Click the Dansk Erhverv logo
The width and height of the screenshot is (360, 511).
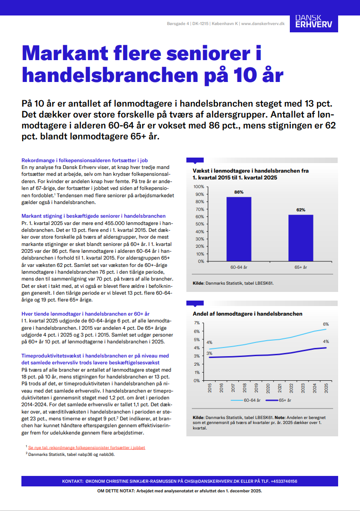pyautogui.click(x=314, y=22)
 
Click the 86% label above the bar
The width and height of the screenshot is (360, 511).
pyautogui.click(x=239, y=192)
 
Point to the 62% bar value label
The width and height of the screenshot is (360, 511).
pyautogui.click(x=300, y=210)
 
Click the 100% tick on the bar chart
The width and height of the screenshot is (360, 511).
pyautogui.click(x=199, y=187)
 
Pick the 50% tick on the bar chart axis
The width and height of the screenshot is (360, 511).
pyautogui.click(x=200, y=224)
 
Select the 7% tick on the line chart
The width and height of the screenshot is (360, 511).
pyautogui.click(x=197, y=323)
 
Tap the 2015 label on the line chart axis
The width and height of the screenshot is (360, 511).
pyautogui.click(x=210, y=388)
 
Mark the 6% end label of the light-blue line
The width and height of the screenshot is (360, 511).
pyautogui.click(x=326, y=324)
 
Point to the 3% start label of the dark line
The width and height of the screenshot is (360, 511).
pyautogui.click(x=209, y=353)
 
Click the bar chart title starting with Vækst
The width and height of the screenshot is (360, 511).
pyautogui.click(x=251, y=174)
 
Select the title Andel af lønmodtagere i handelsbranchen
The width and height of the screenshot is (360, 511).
pyautogui.click(x=247, y=314)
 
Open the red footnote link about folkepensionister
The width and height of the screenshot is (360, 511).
pyautogui.click(x=87, y=448)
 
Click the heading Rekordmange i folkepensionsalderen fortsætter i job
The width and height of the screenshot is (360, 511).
pyautogui.click(x=85, y=160)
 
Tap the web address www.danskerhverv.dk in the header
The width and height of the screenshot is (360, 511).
pyautogui.click(x=262, y=23)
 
